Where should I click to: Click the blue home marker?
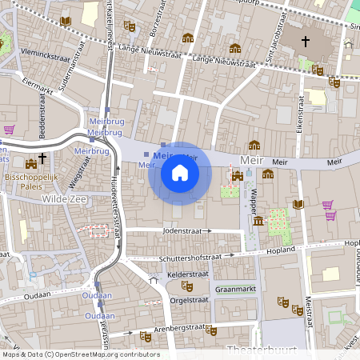tap(180, 173)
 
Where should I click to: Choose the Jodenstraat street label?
tap(181, 230)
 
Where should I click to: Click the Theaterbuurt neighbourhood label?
tap(262, 350)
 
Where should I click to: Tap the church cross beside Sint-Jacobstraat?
tap(305, 40)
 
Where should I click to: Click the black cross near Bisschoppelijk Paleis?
tap(42, 158)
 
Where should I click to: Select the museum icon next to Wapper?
tap(258, 221)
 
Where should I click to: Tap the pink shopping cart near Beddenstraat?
tap(9, 129)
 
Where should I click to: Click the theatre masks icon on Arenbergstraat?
tap(146, 336)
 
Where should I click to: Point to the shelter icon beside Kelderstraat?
tap(154, 279)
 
